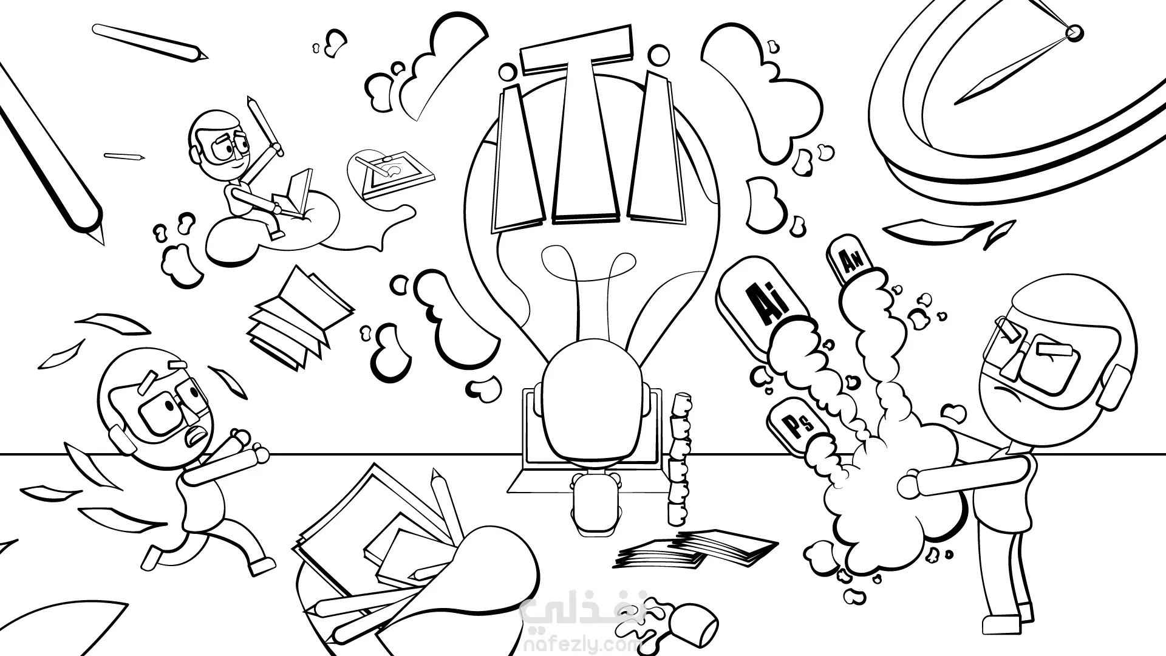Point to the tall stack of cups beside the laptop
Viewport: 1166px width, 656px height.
[x=679, y=458]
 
